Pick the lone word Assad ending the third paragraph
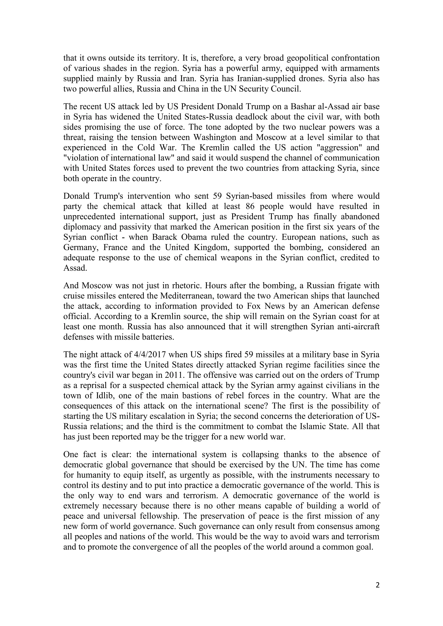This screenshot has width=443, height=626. click(75, 268)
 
